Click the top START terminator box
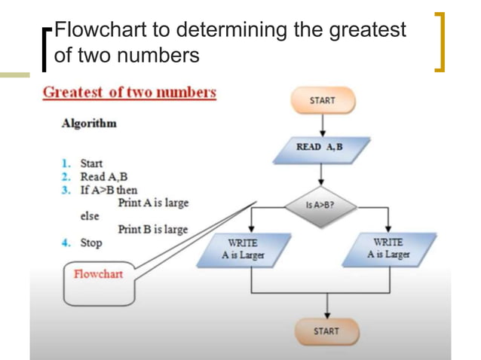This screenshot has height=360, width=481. (x=322, y=101)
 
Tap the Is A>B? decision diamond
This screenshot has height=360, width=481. (x=320, y=204)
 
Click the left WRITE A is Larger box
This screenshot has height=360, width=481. (x=243, y=249)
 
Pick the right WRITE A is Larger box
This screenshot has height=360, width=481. (x=388, y=249)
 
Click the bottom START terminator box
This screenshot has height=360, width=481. (x=326, y=331)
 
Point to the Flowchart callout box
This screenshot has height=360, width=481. (x=98, y=283)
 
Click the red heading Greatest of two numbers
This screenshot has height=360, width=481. (x=129, y=93)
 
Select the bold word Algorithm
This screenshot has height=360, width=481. (x=89, y=124)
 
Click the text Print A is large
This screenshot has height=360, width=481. (x=153, y=203)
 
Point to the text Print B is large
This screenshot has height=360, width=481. (x=153, y=230)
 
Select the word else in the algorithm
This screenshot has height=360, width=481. (x=90, y=216)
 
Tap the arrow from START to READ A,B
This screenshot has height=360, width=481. (x=322, y=124)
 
